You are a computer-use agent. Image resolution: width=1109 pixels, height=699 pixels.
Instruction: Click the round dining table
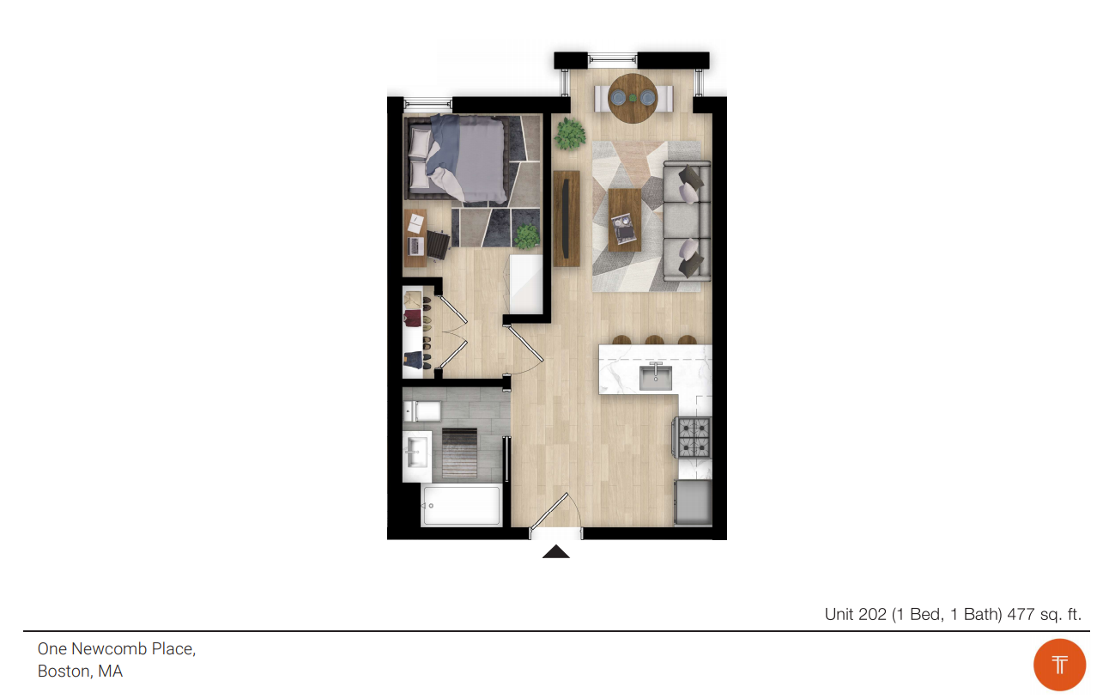[633, 98]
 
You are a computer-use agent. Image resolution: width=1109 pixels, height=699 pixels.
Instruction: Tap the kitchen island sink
[656, 378]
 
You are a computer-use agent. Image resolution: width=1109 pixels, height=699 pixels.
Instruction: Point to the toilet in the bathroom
[421, 410]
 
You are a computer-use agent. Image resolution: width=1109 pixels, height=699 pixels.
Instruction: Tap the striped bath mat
[459, 453]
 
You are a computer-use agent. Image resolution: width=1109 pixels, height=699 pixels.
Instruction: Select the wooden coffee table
[624, 220]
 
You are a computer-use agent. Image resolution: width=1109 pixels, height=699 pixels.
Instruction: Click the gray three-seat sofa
[687, 221]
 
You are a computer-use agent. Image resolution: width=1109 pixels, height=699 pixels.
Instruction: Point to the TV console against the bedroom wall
[567, 218]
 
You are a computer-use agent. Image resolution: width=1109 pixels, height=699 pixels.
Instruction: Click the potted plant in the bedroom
[526, 236]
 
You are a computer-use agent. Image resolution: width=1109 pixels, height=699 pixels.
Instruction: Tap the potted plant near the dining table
[569, 133]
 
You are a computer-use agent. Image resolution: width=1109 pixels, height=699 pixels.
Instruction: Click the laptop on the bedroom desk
[415, 246]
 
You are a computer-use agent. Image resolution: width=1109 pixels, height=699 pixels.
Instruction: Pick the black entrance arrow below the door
[556, 551]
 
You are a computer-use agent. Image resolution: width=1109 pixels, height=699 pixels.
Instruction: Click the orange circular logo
[1059, 665]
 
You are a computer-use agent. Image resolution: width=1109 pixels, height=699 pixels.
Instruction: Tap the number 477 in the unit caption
[1021, 614]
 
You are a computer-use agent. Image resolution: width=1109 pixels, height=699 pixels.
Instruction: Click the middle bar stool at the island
[655, 340]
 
